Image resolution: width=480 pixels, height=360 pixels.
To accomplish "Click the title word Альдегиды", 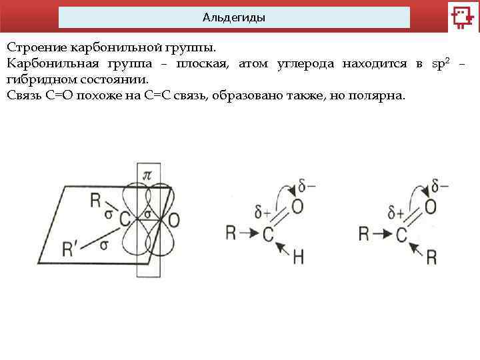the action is pos(234,18).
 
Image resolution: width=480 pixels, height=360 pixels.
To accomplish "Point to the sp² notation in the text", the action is pos(441,63).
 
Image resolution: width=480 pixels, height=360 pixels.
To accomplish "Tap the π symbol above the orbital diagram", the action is pos(148,175).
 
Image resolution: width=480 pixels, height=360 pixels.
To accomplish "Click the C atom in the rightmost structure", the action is pos(401,234).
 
